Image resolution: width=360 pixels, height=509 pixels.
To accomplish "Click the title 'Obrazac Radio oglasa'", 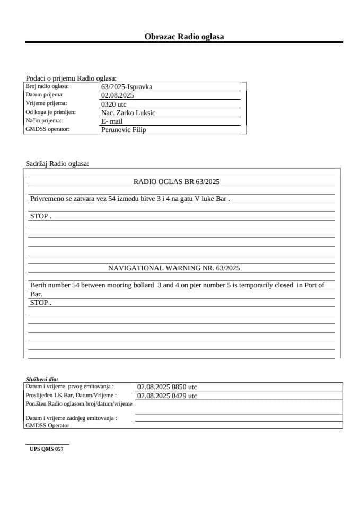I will tap(184, 37).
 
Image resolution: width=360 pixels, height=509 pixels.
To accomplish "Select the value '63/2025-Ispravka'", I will tap(127, 87).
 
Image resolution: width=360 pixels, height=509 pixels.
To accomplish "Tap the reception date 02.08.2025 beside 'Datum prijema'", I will tap(117, 95).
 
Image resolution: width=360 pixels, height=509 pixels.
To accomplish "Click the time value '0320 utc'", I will tap(113, 104).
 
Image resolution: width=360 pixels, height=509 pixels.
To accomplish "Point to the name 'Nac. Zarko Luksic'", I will tap(128, 113).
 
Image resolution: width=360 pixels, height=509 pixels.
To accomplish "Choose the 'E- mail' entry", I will tap(112, 121).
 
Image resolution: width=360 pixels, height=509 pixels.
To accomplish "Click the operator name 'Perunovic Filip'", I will tap(123, 130).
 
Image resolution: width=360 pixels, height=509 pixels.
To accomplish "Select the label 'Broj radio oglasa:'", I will tap(47, 86).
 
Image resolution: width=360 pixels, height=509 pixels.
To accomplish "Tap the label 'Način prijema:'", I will tap(43, 121).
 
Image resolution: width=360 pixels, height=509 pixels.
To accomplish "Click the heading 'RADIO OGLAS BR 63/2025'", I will tap(177, 182).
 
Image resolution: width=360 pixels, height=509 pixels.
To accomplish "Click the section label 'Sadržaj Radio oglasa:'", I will tap(57, 164).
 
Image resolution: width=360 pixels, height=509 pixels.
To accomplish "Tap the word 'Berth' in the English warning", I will tap(39, 285).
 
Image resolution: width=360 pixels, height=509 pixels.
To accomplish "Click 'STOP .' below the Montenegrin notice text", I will tap(40, 216).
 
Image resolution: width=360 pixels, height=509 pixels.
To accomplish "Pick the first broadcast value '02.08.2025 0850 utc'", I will tap(167, 387).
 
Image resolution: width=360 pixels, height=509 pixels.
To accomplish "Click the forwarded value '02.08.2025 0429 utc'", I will tap(167, 396).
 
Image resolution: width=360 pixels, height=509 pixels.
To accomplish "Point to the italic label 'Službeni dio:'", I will tap(42, 380).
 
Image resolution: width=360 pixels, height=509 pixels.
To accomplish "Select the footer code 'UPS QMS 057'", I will tap(47, 449).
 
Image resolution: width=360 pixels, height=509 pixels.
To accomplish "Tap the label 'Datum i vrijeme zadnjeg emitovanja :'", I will tap(71, 418).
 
